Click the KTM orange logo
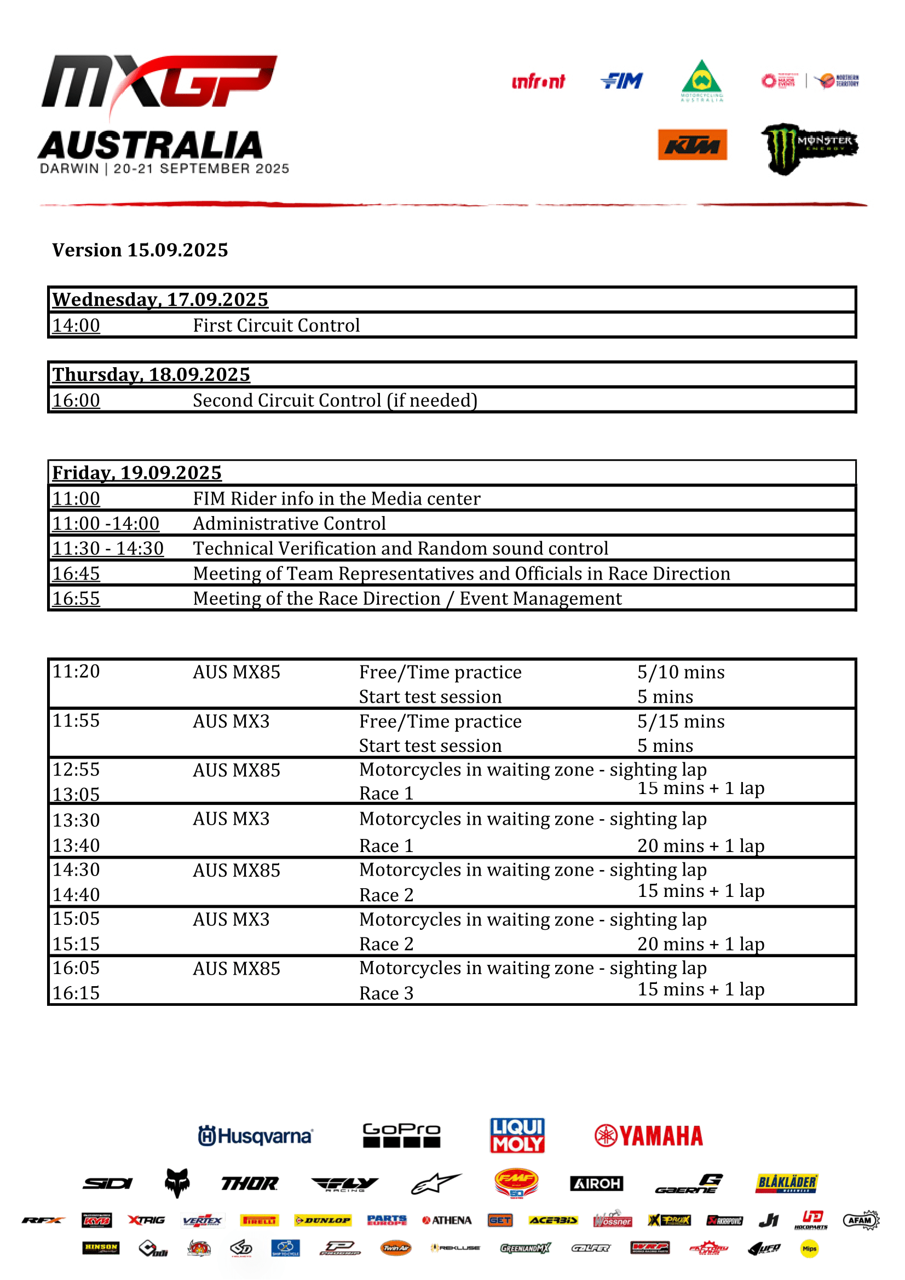pyautogui.click(x=692, y=145)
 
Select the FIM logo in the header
pyautogui.click(x=622, y=82)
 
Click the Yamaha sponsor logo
pyautogui.click(x=648, y=1136)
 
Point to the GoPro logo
pyautogui.click(x=401, y=1135)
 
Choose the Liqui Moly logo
pyautogui.click(x=517, y=1135)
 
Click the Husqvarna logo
pyautogui.click(x=255, y=1136)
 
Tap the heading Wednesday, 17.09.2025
pyautogui.click(x=160, y=300)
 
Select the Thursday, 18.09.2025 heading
pyautogui.click(x=151, y=375)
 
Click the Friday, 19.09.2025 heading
pyautogui.click(x=137, y=473)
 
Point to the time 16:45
pyautogui.click(x=76, y=574)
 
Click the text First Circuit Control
pyautogui.click(x=276, y=326)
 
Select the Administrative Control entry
pyautogui.click(x=289, y=524)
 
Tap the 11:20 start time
pyautogui.click(x=76, y=671)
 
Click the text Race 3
pyautogui.click(x=386, y=993)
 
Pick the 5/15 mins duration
pyautogui.click(x=681, y=721)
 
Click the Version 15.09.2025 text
pyautogui.click(x=140, y=250)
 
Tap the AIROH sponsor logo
pyautogui.click(x=596, y=1183)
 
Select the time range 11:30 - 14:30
pyautogui.click(x=108, y=548)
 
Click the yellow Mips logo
pyautogui.click(x=809, y=1249)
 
